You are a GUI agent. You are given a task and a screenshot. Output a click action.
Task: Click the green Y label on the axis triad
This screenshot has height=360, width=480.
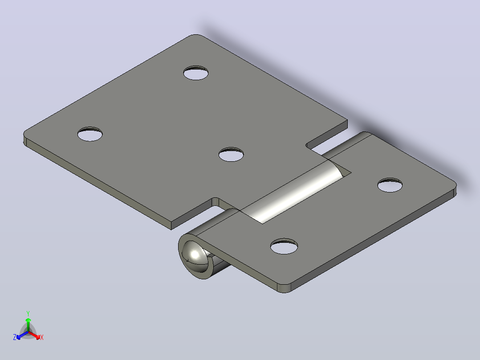[x=28, y=313]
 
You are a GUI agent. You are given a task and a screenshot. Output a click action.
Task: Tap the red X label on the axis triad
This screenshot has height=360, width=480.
[x=42, y=337]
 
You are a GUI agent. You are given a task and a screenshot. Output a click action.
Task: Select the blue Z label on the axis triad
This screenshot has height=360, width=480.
[x=14, y=337]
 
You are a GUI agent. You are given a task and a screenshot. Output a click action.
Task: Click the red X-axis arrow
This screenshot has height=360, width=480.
[x=34, y=335]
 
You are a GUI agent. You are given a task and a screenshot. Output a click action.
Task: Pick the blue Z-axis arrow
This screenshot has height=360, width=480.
[x=22, y=335]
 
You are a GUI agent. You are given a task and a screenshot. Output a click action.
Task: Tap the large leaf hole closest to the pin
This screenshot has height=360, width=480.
[x=231, y=155]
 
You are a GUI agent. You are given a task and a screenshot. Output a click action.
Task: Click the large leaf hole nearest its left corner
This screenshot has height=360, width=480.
[x=90, y=134]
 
